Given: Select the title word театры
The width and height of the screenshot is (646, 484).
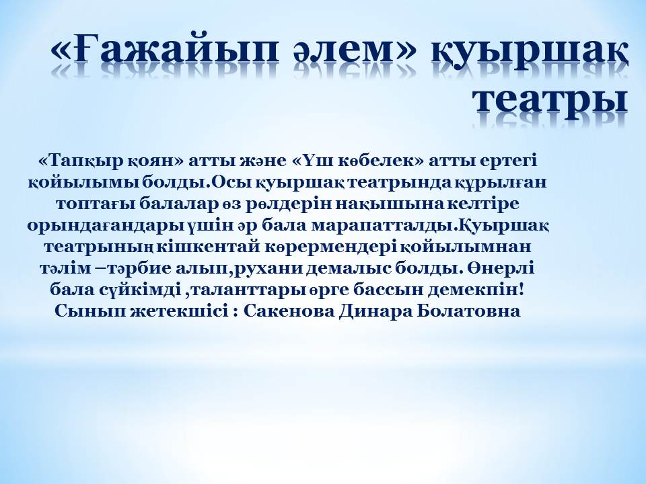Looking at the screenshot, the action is coord(550,99).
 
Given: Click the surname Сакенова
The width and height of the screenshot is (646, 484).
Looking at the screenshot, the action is coord(289,311).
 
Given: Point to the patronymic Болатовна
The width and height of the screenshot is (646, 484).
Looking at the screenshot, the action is coord(468,311).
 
